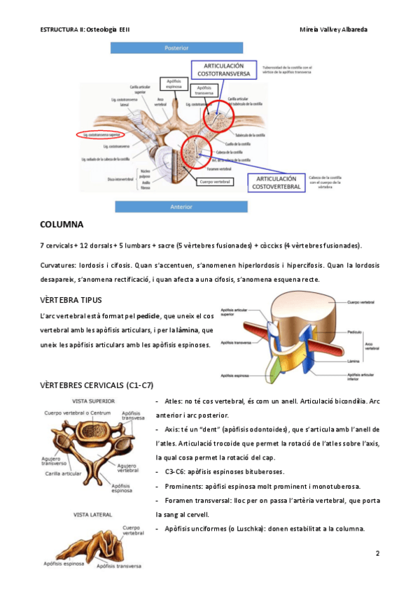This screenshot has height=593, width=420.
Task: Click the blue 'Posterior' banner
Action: (176, 48)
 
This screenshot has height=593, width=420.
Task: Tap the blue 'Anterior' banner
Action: (176, 206)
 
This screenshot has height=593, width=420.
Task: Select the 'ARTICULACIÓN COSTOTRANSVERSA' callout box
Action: (220, 68)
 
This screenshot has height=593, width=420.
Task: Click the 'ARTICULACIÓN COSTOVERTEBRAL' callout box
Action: (276, 183)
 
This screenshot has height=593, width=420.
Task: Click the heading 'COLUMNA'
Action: (62, 224)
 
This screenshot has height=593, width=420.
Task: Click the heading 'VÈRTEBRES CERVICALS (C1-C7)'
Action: (97, 385)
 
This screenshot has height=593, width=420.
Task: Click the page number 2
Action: (377, 555)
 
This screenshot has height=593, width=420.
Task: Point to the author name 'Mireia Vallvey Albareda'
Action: (333, 30)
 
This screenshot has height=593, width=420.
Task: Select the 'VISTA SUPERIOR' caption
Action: (95, 401)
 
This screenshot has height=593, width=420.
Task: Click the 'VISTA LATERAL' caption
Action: (91, 514)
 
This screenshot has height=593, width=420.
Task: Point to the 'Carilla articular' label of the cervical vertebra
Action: (67, 472)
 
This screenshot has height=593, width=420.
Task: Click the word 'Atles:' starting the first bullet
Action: (174, 402)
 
